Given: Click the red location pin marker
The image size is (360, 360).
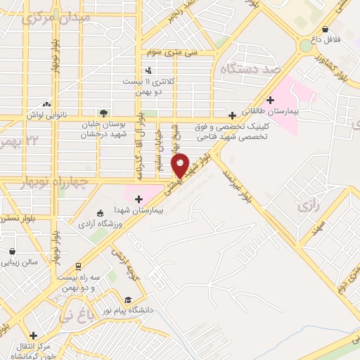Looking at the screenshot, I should point(181,165).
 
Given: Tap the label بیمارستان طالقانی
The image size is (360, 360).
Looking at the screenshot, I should point(271,111).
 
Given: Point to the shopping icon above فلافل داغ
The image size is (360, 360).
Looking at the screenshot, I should point(325,30).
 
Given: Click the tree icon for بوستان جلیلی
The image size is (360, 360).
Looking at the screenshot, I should point(104,112).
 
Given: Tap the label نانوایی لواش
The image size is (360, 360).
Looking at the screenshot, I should point(46,112).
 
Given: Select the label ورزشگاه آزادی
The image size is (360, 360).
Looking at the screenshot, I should point(125,224).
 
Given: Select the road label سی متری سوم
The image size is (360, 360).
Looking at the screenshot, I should point(173,53).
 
